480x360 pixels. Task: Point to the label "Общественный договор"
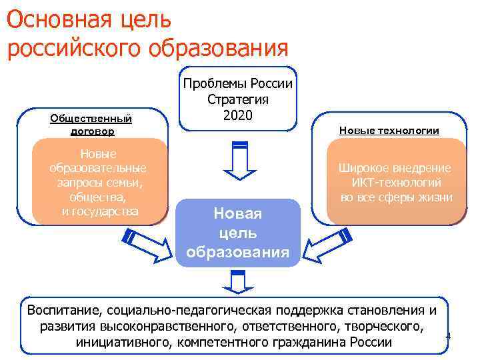tap(91, 125)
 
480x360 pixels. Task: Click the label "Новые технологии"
tap(389, 130)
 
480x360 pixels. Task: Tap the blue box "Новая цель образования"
tap(238, 233)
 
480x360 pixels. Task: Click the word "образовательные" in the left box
tap(98, 167)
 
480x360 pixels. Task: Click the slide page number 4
tap(448, 335)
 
